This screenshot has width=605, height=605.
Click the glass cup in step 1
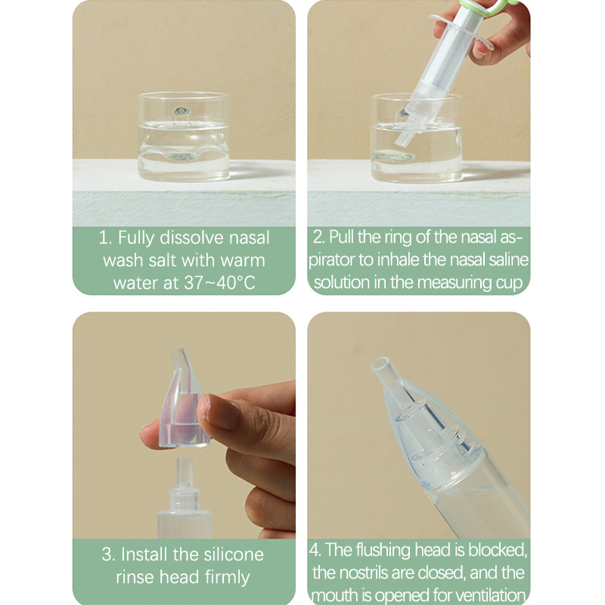point(184,136)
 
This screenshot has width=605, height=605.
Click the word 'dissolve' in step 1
point(191,237)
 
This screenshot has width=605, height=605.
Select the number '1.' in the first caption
point(105,237)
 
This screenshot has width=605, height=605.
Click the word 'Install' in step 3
point(144,554)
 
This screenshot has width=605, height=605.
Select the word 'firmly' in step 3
point(228,577)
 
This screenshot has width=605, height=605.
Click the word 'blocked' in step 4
point(498,550)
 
